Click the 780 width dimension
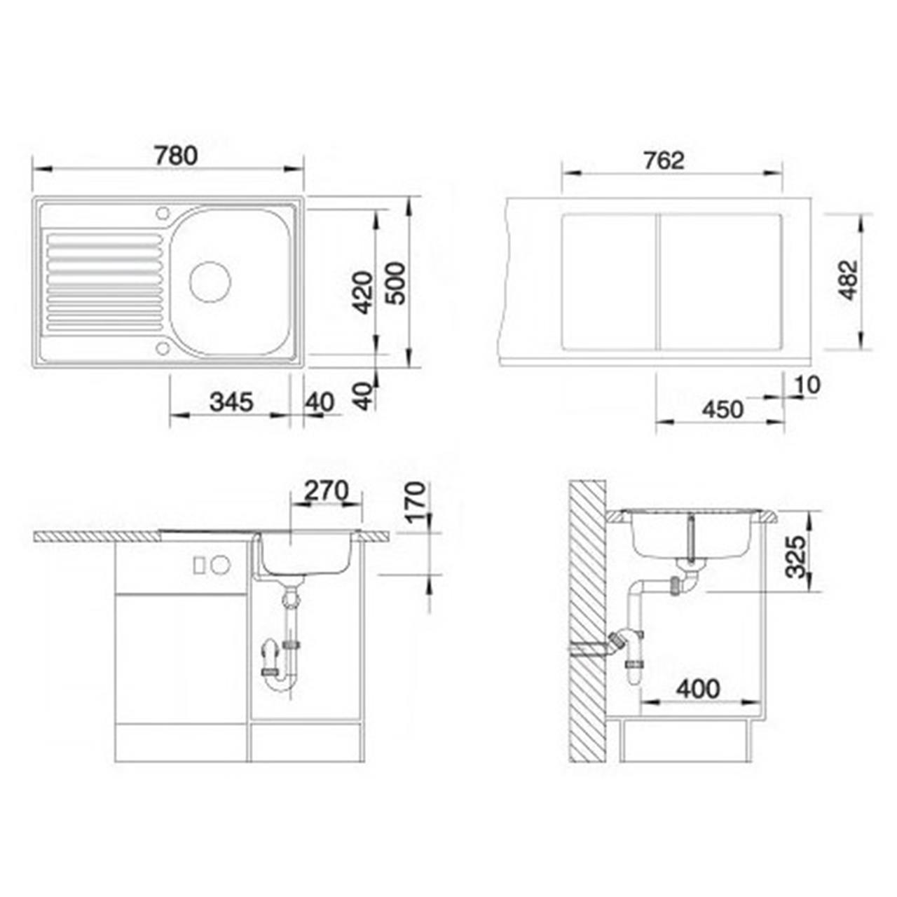tap(176, 156)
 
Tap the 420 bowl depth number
tap(362, 292)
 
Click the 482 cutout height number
tap(849, 280)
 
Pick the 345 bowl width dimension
tap(231, 402)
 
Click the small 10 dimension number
tap(806, 385)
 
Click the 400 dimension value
tap(698, 689)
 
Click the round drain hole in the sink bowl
tap(210, 281)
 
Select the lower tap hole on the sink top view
tap(163, 348)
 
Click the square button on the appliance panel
tap(200, 564)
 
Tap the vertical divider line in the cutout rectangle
tap(657, 282)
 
